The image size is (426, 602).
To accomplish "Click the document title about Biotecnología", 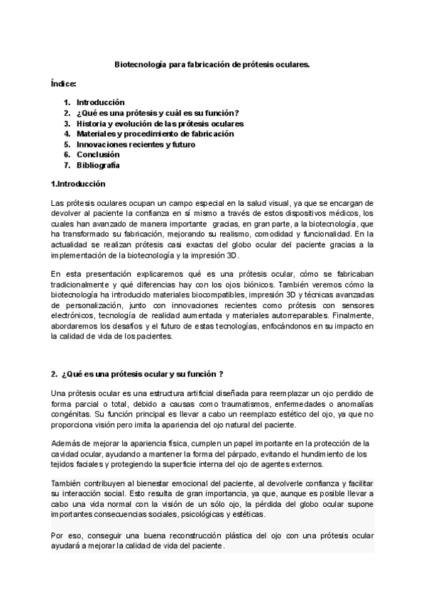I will pyautogui.click(x=212, y=64).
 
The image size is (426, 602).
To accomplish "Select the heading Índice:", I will pyautogui.click(x=64, y=83).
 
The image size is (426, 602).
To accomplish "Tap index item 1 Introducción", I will pyautogui.click(x=100, y=102).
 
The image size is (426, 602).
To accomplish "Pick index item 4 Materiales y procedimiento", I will pyautogui.click(x=155, y=133).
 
